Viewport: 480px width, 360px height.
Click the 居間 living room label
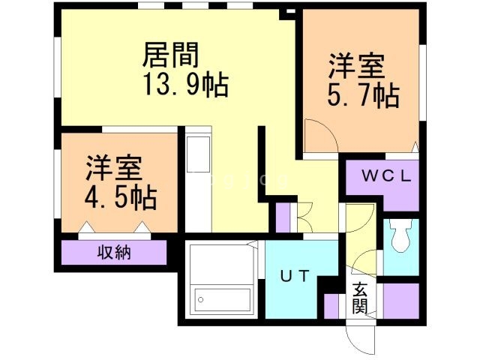pyautogui.click(x=170, y=55)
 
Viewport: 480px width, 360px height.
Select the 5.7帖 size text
pyautogui.click(x=363, y=95)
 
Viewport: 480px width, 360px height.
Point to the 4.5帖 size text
pyautogui.click(x=120, y=196)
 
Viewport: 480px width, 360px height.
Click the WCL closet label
pyautogui.click(x=387, y=177)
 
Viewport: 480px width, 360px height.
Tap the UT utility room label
pyautogui.click(x=295, y=275)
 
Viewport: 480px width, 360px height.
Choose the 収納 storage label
pyautogui.click(x=114, y=253)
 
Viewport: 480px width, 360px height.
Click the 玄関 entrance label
pyautogui.click(x=360, y=297)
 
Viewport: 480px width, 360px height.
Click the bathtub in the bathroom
pyautogui.click(x=223, y=300)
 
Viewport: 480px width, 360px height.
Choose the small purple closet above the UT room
pyautogui.click(x=283, y=217)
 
